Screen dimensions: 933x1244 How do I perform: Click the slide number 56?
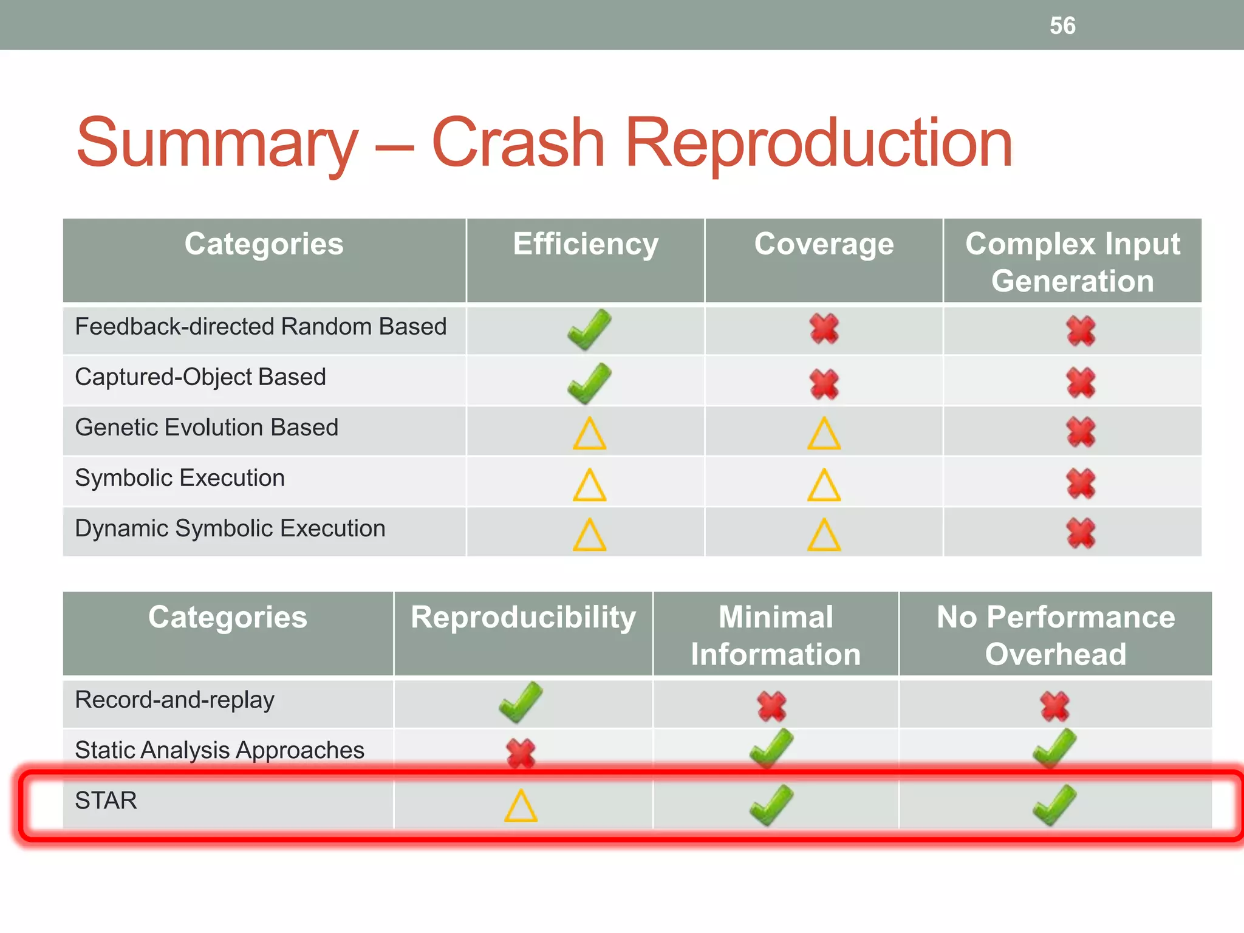pyautogui.click(x=1062, y=26)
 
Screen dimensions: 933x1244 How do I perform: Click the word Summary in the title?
pyautogui.click(x=217, y=143)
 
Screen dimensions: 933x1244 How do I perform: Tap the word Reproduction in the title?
pyautogui.click(x=818, y=143)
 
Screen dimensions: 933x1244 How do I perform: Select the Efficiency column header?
pyautogui.click(x=586, y=244)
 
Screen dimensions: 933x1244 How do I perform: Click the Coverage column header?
pyautogui.click(x=824, y=244)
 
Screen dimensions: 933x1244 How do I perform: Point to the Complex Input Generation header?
pyautogui.click(x=1073, y=262)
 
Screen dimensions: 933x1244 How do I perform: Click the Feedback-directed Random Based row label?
pyautogui.click(x=261, y=327)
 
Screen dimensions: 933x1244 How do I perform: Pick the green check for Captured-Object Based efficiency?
pyautogui.click(x=589, y=383)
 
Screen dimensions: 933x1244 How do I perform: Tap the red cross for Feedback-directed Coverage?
pyautogui.click(x=824, y=329)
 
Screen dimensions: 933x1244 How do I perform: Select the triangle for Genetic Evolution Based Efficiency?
pyautogui.click(x=589, y=434)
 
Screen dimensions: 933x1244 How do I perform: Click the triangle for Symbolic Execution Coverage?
pyautogui.click(x=824, y=485)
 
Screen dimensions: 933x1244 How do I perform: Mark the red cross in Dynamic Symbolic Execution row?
pyautogui.click(x=1081, y=533)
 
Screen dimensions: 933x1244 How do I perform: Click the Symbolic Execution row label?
pyautogui.click(x=180, y=478)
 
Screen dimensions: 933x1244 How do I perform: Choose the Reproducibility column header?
pyautogui.click(x=523, y=617)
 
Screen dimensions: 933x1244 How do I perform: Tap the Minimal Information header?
pyautogui.click(x=776, y=635)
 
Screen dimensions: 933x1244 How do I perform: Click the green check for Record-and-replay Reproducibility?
pyautogui.click(x=521, y=702)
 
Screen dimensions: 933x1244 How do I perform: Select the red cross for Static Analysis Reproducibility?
pyautogui.click(x=521, y=753)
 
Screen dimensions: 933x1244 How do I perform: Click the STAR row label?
pyautogui.click(x=106, y=801)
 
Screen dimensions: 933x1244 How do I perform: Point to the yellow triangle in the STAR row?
pyautogui.click(x=521, y=806)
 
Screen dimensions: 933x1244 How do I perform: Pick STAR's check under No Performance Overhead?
pyautogui.click(x=1055, y=805)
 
